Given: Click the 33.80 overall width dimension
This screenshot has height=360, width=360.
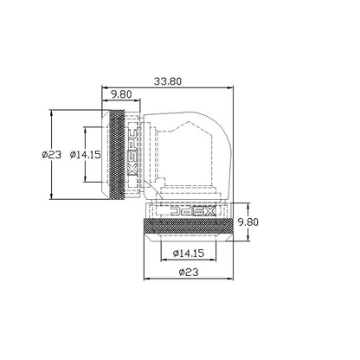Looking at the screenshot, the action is pos(168,81).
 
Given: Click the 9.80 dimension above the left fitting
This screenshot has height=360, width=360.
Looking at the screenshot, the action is pos(121,94).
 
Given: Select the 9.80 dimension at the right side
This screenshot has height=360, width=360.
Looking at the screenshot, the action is pos(247,222).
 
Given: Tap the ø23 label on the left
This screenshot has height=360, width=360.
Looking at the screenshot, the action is pos(52,155).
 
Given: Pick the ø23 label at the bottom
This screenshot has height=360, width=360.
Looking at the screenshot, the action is pos(189,272).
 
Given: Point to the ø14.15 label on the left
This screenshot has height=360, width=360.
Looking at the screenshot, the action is pos(86,155).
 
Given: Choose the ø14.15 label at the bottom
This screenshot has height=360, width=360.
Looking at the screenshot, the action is pos(189,254).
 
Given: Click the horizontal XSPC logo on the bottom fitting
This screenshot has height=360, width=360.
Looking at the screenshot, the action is pos(193,211).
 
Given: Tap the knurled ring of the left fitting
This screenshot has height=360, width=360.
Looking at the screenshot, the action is pos(116,155).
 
